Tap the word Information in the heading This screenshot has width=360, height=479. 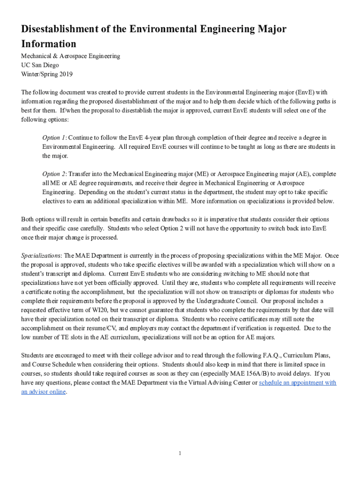[x=49, y=44]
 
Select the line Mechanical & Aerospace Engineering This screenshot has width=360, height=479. [x=71, y=56]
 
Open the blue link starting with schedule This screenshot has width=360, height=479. [x=297, y=383]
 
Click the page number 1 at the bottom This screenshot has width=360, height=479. [x=180, y=453]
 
